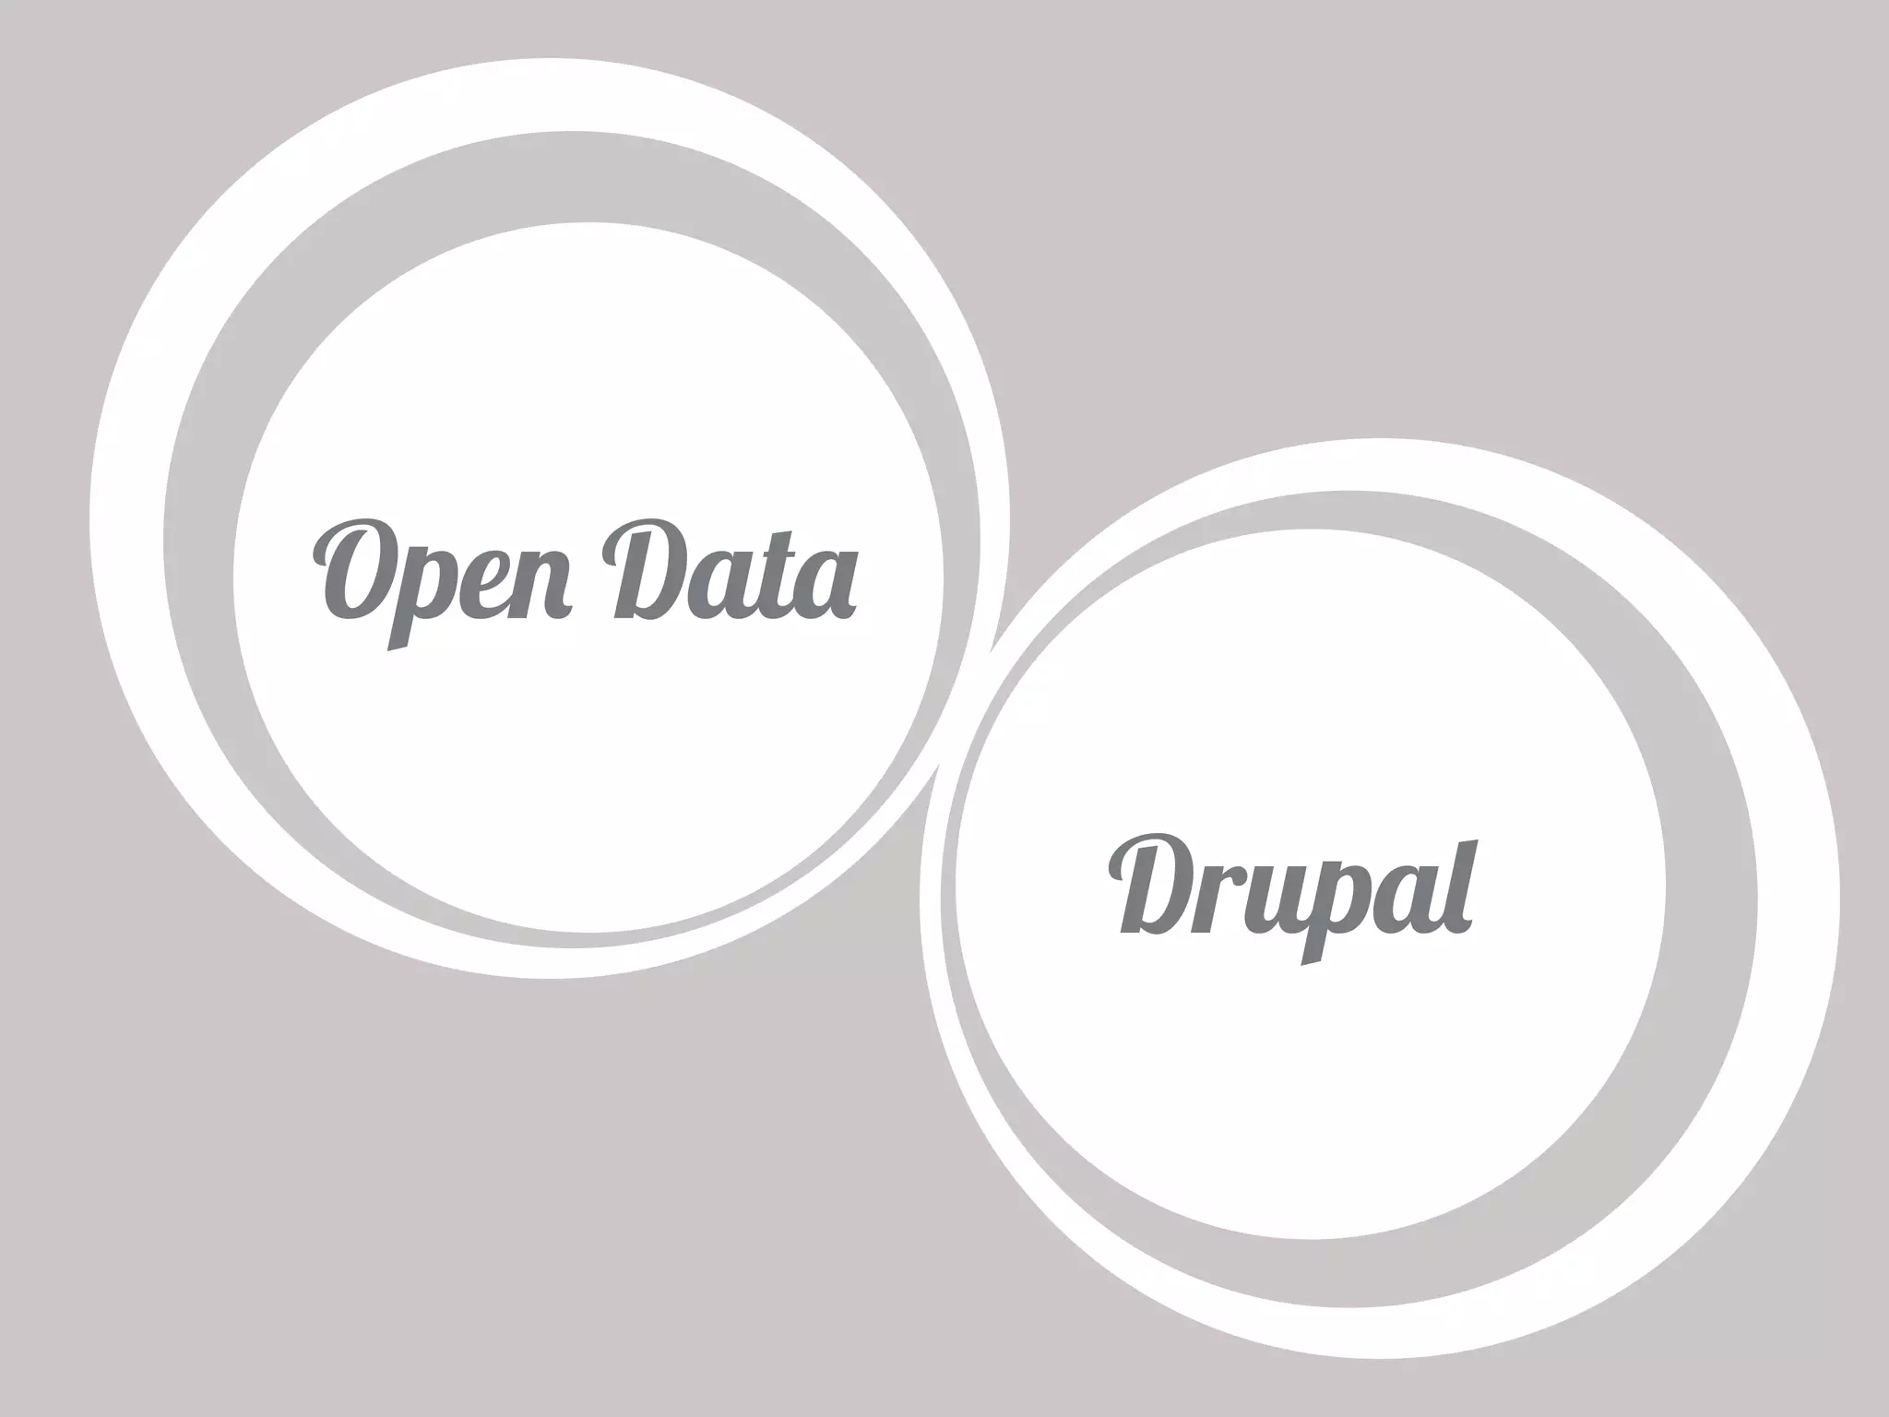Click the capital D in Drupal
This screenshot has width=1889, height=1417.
[1154, 886]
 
